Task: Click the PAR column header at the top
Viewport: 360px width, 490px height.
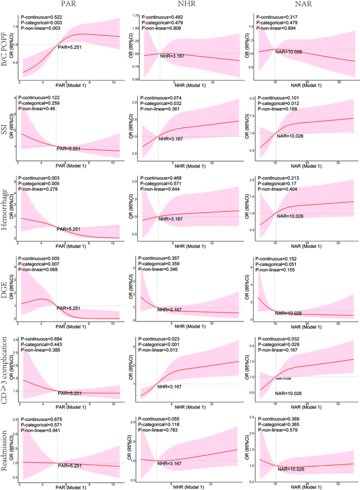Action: coord(70,4)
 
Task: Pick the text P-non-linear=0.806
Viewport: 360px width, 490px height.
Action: coord(158,31)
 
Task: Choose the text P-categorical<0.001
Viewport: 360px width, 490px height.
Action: coord(159,345)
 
